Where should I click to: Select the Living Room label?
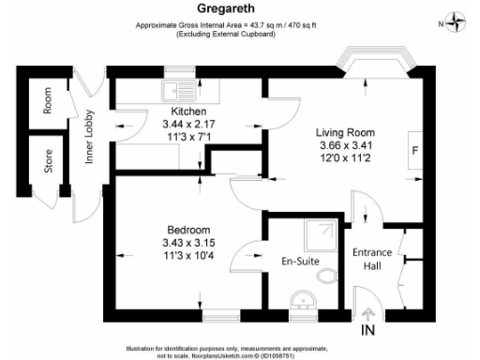tap(344, 132)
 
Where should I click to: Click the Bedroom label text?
tap(188, 231)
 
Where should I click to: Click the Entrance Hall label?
tap(370, 258)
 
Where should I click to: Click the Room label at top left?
tap(47, 102)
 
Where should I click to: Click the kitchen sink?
tap(175, 91)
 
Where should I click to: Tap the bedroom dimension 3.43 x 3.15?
tap(188, 243)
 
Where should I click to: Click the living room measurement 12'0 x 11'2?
tap(344, 157)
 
